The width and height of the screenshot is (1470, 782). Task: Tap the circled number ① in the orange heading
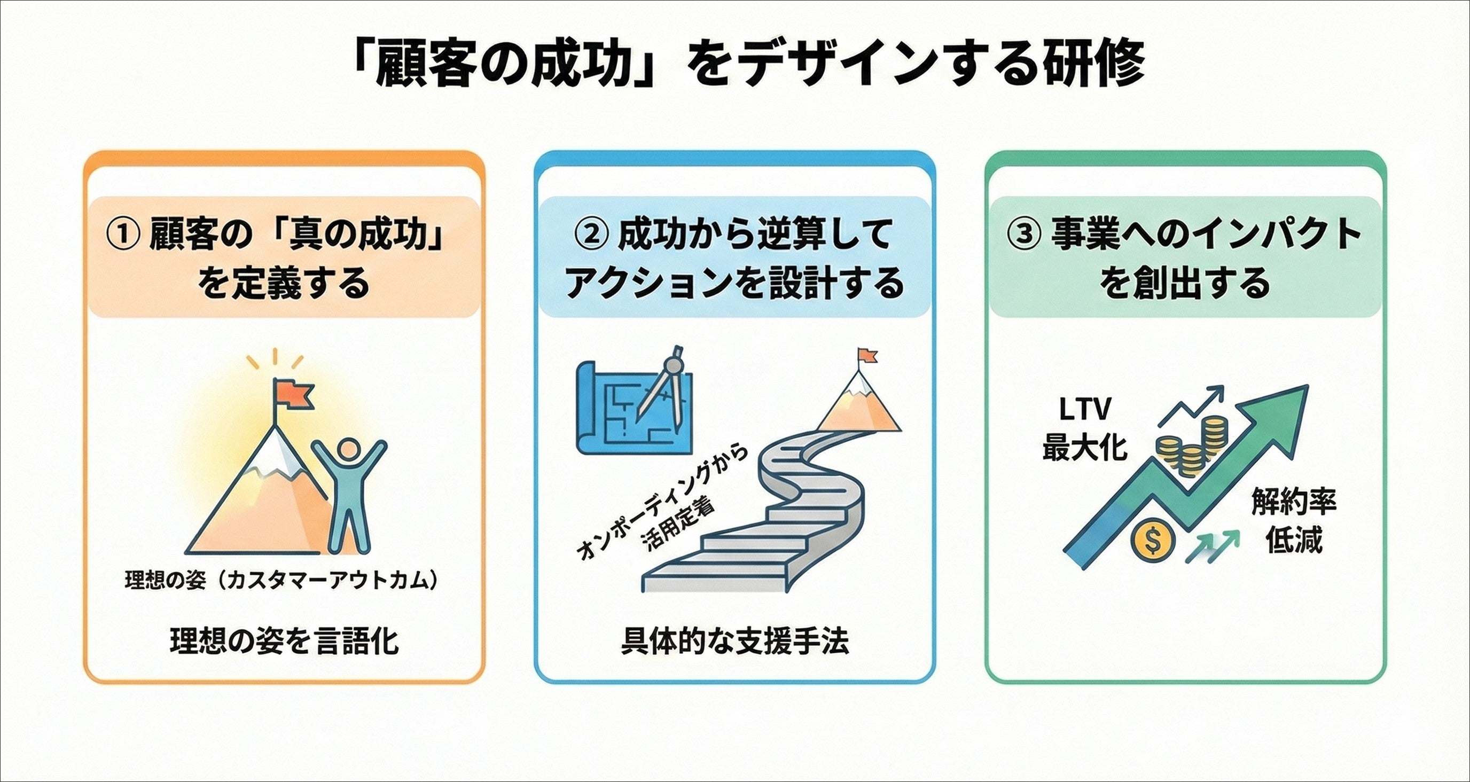122,234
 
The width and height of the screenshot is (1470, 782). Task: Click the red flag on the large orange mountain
294,394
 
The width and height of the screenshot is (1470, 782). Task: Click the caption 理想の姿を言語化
284,640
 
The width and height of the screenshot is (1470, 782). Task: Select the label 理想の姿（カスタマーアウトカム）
284,581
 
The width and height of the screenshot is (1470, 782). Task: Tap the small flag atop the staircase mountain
867,356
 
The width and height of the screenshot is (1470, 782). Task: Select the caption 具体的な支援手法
734,640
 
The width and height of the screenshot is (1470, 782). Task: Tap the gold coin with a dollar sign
1153,539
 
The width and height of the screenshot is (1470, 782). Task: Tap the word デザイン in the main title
810,66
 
